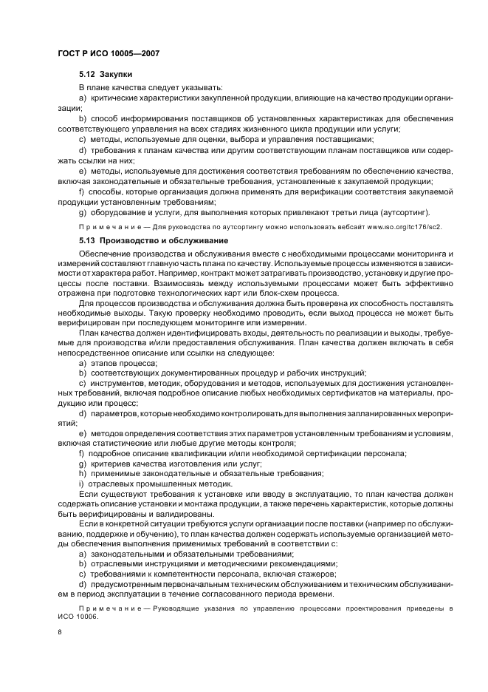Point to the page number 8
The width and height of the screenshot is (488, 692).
click(x=59, y=632)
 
